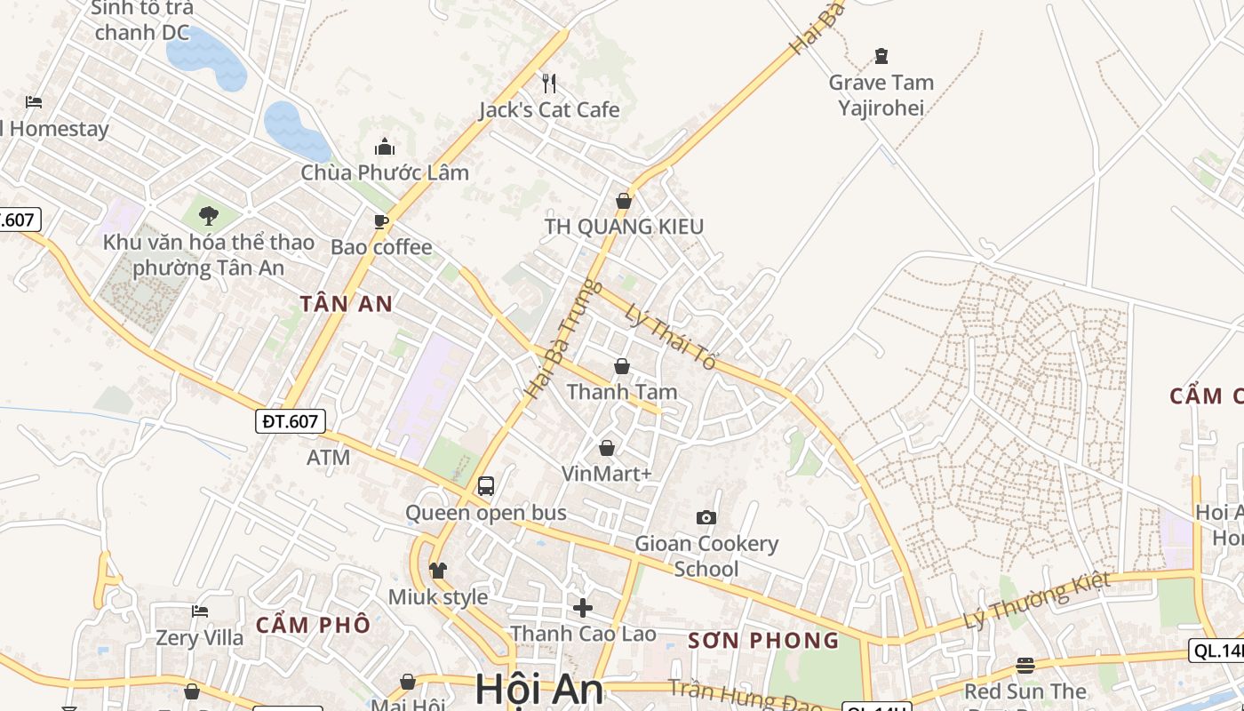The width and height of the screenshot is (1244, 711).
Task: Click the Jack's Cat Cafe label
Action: click(x=549, y=110)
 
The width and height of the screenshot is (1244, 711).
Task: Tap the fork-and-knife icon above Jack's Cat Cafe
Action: click(x=549, y=84)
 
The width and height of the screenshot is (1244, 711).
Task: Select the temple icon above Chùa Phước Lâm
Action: click(x=385, y=147)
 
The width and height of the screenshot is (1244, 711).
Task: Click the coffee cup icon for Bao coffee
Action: click(x=381, y=221)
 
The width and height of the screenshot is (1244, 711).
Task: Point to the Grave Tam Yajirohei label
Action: click(x=881, y=95)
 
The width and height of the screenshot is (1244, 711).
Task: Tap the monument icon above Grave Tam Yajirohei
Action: click(x=881, y=57)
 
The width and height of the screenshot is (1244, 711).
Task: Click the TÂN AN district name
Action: click(x=347, y=304)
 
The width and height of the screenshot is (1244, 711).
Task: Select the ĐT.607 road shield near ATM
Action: click(x=291, y=421)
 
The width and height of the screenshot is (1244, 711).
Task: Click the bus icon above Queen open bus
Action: click(x=486, y=486)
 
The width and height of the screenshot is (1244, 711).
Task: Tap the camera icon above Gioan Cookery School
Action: click(x=706, y=517)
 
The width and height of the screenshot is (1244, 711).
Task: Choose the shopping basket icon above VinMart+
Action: click(x=607, y=448)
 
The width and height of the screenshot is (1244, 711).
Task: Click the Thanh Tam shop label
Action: click(x=622, y=392)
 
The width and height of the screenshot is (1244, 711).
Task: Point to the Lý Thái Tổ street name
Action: click(x=670, y=338)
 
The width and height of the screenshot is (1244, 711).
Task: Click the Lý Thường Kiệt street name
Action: click(x=1037, y=602)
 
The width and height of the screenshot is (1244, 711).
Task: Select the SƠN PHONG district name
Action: click(x=764, y=640)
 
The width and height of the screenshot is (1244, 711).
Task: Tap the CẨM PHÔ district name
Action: click(x=313, y=625)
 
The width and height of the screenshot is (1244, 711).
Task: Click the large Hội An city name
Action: click(x=539, y=690)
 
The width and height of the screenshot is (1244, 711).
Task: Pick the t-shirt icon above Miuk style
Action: click(x=438, y=571)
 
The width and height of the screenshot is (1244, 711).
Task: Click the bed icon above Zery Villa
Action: click(x=200, y=611)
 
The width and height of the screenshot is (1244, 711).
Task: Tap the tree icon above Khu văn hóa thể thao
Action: click(x=209, y=215)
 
